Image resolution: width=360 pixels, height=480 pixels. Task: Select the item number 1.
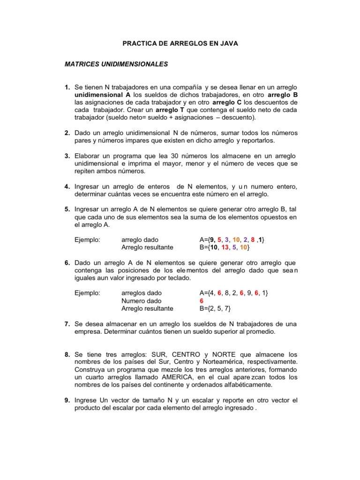tap(67, 88)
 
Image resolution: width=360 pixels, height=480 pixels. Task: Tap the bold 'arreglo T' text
tap(170, 110)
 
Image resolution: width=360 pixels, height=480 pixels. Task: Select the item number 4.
tap(67, 187)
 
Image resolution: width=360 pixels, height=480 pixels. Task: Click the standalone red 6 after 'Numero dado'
tap(202, 301)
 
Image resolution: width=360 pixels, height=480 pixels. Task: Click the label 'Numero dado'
tap(141, 301)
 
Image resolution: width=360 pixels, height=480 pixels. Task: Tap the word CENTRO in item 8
tap(189, 355)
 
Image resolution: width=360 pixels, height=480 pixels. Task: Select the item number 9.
tap(67, 400)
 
